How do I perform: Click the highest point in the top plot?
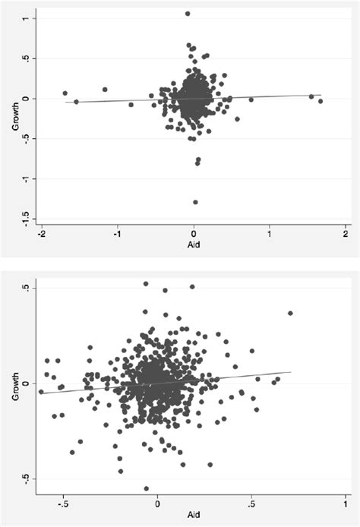coord(188,14)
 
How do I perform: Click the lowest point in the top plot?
coord(195,202)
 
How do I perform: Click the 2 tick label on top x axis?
coord(346,234)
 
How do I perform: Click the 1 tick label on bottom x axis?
coord(346,502)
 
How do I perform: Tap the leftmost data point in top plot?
coord(65,93)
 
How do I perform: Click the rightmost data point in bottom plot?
coord(290,313)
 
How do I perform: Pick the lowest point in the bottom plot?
coord(147,488)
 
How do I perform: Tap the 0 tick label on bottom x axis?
coord(157,502)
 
